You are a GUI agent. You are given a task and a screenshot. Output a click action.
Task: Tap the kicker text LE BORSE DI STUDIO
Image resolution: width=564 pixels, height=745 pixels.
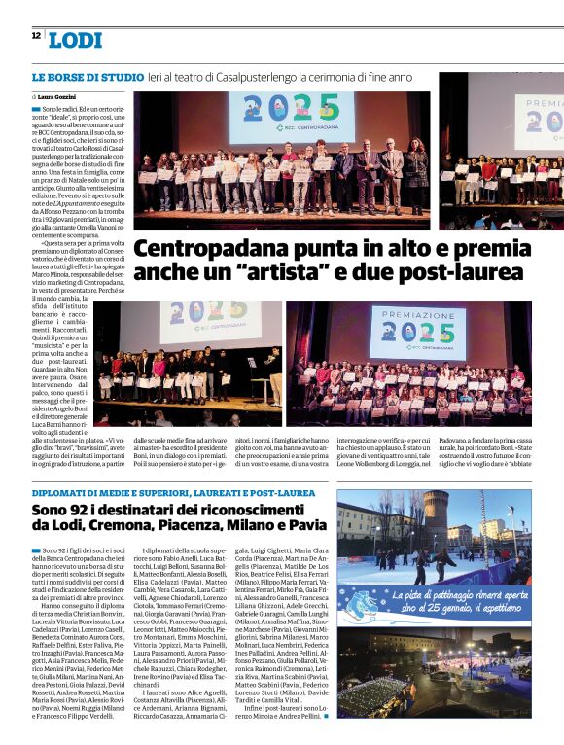coord(87,76)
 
